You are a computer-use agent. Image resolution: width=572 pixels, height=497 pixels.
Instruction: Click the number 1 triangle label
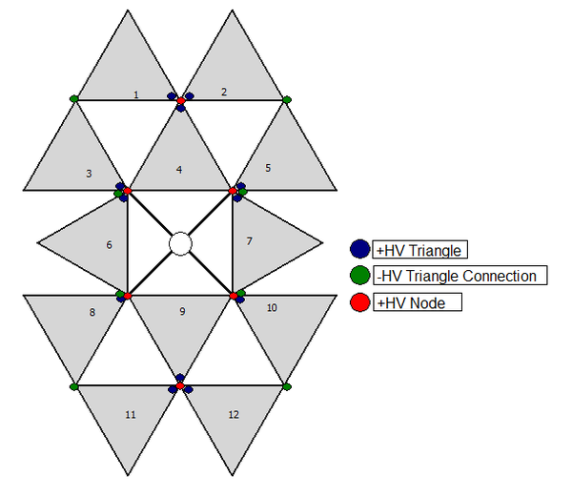(136, 94)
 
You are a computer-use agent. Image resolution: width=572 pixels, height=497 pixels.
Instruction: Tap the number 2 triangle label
(224, 92)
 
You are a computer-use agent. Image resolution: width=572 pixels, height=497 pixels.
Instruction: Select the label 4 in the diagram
(179, 170)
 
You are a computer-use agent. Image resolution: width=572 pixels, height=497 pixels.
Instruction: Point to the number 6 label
(109, 245)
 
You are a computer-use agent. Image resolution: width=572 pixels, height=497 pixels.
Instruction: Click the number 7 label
(250, 241)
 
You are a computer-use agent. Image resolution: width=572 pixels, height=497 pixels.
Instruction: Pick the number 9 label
(182, 311)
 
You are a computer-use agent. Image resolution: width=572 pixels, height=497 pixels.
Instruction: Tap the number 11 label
(131, 415)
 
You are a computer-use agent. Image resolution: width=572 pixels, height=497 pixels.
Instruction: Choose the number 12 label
(234, 415)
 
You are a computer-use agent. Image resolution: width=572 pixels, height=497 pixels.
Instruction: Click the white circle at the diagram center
(180, 244)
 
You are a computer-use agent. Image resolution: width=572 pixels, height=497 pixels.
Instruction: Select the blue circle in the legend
(360, 249)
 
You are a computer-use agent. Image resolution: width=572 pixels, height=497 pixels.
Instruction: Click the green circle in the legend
(360, 275)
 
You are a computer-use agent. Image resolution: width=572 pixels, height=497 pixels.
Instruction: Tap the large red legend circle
(360, 302)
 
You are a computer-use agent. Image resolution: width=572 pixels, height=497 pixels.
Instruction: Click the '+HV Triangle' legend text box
(419, 250)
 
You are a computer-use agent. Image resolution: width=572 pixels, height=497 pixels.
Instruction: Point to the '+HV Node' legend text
(411, 303)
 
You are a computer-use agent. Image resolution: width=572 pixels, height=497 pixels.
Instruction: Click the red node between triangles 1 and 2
(181, 100)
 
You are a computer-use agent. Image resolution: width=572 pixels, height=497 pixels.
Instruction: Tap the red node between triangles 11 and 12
(180, 385)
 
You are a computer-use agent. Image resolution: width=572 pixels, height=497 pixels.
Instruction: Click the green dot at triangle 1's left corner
(74, 98)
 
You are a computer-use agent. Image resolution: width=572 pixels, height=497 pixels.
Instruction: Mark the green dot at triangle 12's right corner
(287, 386)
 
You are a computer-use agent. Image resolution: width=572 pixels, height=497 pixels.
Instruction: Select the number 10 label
(272, 308)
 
